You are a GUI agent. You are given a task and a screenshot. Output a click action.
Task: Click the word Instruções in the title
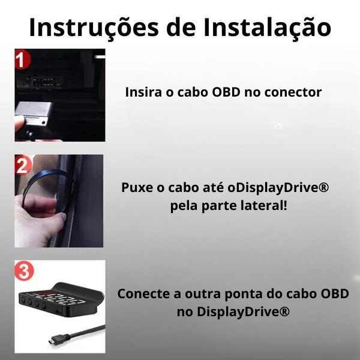pyautogui.click(x=94, y=28)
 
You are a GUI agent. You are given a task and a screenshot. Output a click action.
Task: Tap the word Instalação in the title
pyautogui.click(x=267, y=28)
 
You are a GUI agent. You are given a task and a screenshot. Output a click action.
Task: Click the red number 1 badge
pyautogui.click(x=22, y=59)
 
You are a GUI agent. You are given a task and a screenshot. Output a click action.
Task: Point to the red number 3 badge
pyautogui.click(x=24, y=271)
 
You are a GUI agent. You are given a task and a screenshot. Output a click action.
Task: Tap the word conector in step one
pyautogui.click(x=293, y=92)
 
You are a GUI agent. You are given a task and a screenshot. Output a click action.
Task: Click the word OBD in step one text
pyautogui.click(x=226, y=92)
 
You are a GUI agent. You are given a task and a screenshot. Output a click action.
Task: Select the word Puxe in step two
pyautogui.click(x=137, y=188)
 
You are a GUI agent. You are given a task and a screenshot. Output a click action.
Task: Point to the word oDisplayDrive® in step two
pyautogui.click(x=278, y=188)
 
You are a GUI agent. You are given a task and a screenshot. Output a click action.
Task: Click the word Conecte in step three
pyautogui.click(x=145, y=293)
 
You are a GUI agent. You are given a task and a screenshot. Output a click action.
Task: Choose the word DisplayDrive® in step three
pyautogui.click(x=243, y=312)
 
